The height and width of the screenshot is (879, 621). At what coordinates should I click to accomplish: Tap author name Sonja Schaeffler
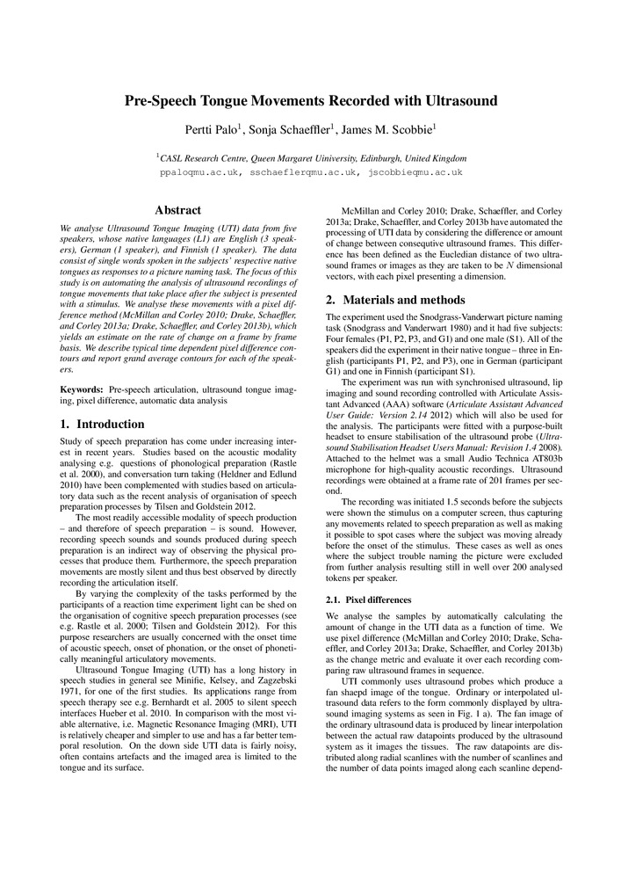(300, 129)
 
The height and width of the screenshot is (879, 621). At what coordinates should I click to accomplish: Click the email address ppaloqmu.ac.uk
(199, 173)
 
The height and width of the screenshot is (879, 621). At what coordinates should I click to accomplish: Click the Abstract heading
(179, 210)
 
